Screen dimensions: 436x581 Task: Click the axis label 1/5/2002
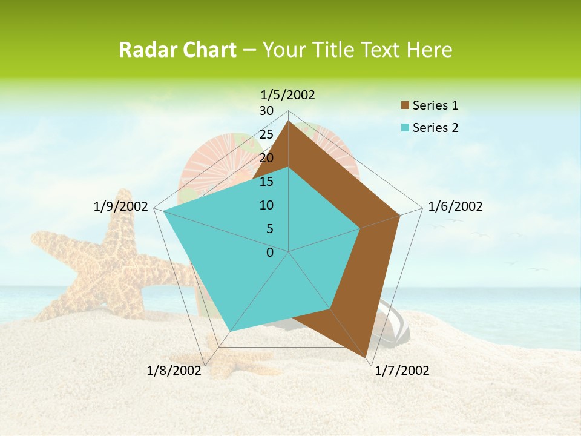point(287,94)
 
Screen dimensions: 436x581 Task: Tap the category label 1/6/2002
point(455,206)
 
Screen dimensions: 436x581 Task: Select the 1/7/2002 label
point(402,371)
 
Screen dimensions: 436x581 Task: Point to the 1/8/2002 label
point(174,371)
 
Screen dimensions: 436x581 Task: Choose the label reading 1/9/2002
point(121,206)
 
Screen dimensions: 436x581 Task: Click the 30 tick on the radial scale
point(266,111)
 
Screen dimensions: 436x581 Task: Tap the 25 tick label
point(266,134)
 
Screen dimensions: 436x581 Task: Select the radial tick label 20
point(266,158)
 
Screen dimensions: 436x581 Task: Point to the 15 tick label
point(266,182)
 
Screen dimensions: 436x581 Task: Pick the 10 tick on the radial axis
point(266,205)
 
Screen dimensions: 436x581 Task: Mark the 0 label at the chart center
point(270,253)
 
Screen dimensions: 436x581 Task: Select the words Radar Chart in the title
point(177,50)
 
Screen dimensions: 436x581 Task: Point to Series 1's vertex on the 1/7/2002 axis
point(366,357)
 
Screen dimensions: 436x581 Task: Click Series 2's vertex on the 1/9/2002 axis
point(163,211)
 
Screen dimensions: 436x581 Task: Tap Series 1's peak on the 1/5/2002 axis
point(289,122)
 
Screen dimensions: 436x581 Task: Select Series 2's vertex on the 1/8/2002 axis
point(231,331)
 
